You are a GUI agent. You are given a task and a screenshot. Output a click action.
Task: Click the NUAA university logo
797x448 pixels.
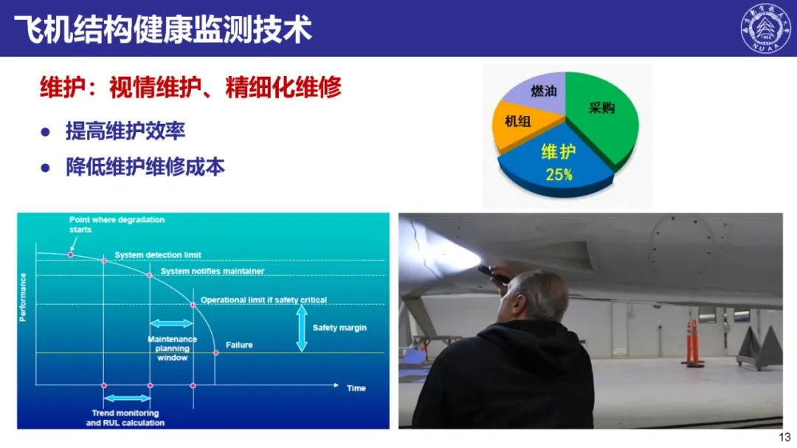point(765,28)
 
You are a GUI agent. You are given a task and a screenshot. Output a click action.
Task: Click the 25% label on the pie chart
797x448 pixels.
point(559,175)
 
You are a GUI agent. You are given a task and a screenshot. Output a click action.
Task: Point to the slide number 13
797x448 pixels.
point(784,437)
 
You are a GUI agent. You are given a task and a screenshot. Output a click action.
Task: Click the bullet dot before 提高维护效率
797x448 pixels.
point(45,132)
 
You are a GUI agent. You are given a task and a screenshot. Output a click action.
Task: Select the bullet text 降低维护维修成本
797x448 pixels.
point(145,168)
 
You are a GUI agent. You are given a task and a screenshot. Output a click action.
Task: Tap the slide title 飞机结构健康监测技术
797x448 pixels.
point(162,29)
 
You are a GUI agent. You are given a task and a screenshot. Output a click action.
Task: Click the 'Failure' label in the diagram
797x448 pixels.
point(239,345)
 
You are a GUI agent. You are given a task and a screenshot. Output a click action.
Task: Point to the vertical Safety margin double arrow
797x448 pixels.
point(301,328)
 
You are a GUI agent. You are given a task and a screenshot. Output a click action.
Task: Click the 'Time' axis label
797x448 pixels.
point(356,388)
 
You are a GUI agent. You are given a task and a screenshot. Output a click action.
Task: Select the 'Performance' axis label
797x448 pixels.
point(22,297)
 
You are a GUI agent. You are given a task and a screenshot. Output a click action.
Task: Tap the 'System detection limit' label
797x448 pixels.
point(158,255)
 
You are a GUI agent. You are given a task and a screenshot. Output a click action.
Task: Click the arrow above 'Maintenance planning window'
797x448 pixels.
point(171,323)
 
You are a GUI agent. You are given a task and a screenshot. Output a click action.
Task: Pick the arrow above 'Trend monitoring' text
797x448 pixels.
point(127,398)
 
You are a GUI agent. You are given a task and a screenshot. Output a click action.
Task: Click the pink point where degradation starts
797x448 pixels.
point(71,254)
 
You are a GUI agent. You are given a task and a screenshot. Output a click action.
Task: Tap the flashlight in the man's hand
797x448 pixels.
point(493,273)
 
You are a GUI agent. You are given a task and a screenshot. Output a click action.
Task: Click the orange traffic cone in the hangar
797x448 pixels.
point(692,343)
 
